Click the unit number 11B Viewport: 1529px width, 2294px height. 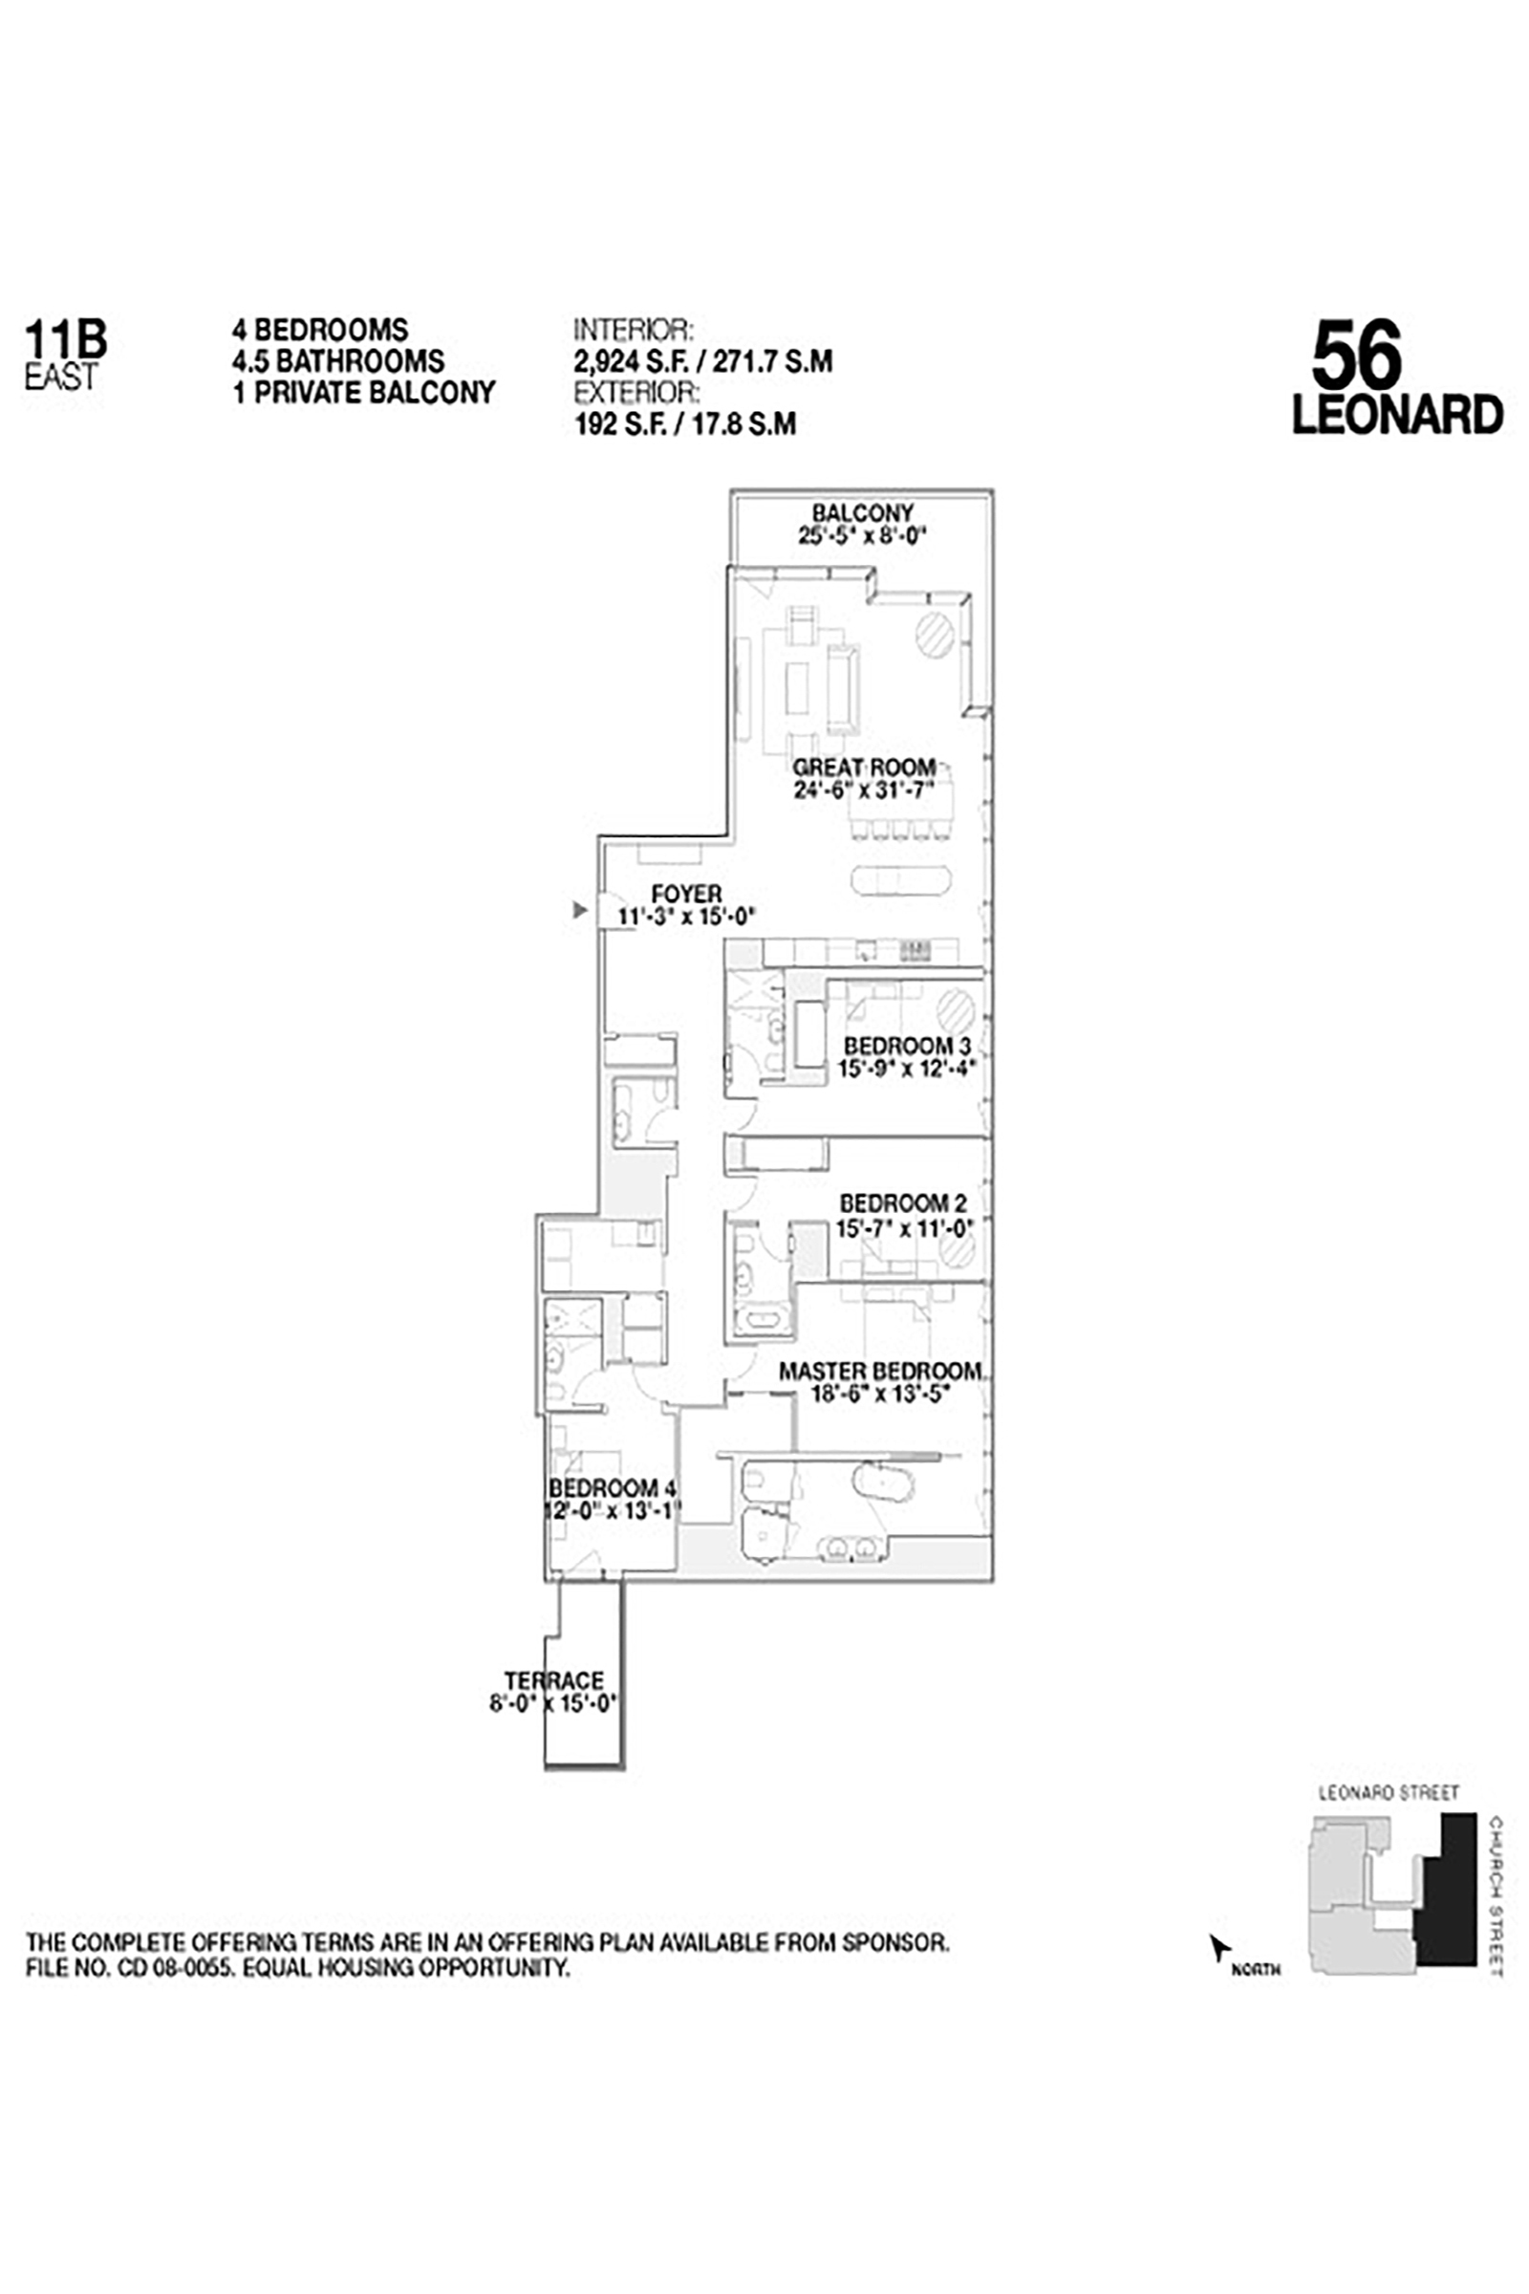[65, 339]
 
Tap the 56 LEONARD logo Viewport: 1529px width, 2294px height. [1396, 378]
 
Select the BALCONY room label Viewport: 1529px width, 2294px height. [862, 513]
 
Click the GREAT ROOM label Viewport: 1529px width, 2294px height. [864, 768]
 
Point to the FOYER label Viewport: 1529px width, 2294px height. [686, 894]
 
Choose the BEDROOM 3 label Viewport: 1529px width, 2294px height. [907, 1046]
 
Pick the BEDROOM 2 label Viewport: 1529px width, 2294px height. [903, 1203]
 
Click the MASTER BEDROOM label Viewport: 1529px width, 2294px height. [879, 1372]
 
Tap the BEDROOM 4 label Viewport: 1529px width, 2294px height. [612, 1488]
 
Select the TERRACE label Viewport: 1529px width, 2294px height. [554, 1680]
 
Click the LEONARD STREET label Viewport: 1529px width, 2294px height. [1389, 1793]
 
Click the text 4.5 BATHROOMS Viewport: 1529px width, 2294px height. [337, 361]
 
